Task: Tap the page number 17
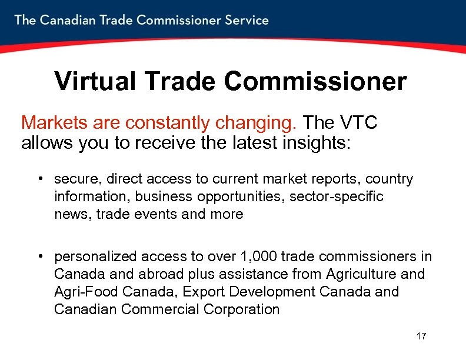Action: pos(421,336)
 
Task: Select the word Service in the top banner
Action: pos(245,20)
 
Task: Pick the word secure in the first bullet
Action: pos(73,179)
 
